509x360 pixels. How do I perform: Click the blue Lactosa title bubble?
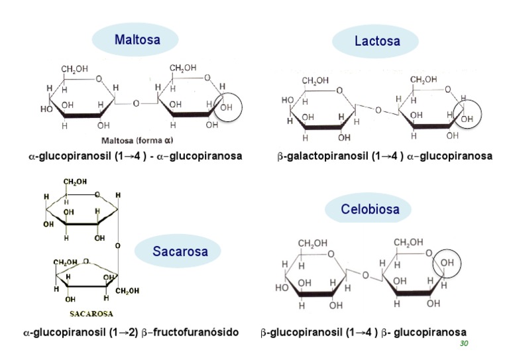click(377, 41)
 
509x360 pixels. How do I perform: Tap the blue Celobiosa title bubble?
click(370, 210)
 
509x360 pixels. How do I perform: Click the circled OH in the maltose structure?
click(227, 107)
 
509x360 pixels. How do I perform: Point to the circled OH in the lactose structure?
click(467, 118)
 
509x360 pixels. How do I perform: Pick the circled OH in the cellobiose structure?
click(447, 263)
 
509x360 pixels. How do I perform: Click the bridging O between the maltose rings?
click(137, 103)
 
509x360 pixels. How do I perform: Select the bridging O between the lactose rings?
click(378, 110)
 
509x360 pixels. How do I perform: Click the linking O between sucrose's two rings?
click(117, 245)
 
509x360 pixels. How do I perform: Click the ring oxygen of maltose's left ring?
click(99, 80)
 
